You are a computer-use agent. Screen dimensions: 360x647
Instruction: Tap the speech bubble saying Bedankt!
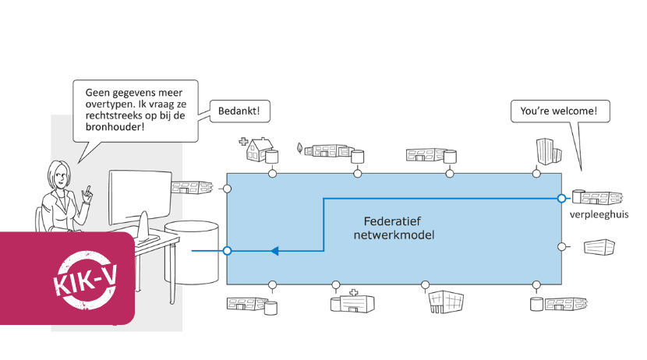pos(239,111)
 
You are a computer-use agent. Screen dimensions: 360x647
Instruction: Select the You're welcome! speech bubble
pos(559,111)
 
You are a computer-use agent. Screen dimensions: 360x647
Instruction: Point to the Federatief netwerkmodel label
pos(394,227)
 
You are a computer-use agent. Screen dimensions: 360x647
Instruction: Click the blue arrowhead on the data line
pos(274,251)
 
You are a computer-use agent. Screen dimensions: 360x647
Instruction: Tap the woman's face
pos(62,176)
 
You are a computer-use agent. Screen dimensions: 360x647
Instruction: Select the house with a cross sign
pos(259,150)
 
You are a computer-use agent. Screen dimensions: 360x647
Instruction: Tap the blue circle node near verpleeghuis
pos(561,199)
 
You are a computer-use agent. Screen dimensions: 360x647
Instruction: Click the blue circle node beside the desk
pos(227,251)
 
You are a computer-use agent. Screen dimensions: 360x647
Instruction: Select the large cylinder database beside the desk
pos(193,251)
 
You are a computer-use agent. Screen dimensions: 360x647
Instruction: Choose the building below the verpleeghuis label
pos(599,248)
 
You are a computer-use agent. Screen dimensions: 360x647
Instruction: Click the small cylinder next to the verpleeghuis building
pos(578,196)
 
